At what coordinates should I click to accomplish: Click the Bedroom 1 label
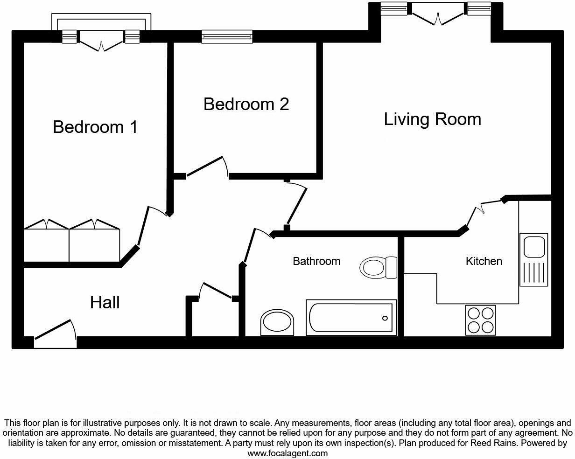click(95, 127)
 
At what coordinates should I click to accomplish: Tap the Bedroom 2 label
click(246, 104)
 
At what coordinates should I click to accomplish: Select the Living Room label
click(432, 119)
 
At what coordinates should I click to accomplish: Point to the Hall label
click(105, 302)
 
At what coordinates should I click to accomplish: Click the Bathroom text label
click(316, 261)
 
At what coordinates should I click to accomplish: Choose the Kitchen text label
click(484, 261)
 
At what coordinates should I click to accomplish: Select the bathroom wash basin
click(278, 322)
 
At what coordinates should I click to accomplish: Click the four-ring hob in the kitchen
click(481, 320)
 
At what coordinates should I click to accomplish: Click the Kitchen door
click(485, 206)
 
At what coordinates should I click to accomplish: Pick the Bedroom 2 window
click(227, 36)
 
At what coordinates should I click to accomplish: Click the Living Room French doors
click(437, 14)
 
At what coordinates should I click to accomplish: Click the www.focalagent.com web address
click(287, 453)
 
